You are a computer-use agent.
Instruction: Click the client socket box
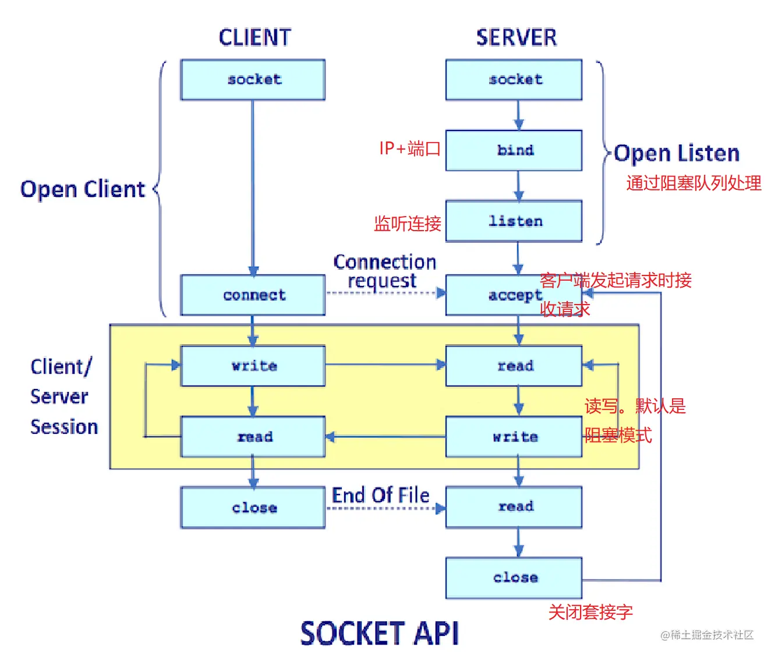[253, 80]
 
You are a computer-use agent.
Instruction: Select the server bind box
[514, 150]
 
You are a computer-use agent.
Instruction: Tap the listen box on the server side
[514, 221]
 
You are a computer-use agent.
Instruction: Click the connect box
[253, 295]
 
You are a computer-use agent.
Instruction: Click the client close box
[253, 508]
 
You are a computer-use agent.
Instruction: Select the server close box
[514, 578]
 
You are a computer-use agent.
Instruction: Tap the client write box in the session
[253, 366]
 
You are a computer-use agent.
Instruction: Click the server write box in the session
[514, 437]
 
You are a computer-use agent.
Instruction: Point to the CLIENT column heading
[254, 37]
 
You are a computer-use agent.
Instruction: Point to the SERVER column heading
[517, 37]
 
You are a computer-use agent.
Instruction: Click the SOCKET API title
[380, 633]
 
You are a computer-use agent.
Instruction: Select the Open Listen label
[677, 154]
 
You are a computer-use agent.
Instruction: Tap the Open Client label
[83, 189]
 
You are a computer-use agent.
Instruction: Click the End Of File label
[380, 495]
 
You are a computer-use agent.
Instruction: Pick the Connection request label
[384, 271]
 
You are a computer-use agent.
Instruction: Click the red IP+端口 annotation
[409, 148]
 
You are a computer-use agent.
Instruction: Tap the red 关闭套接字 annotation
[590, 612]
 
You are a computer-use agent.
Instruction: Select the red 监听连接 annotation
[407, 224]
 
